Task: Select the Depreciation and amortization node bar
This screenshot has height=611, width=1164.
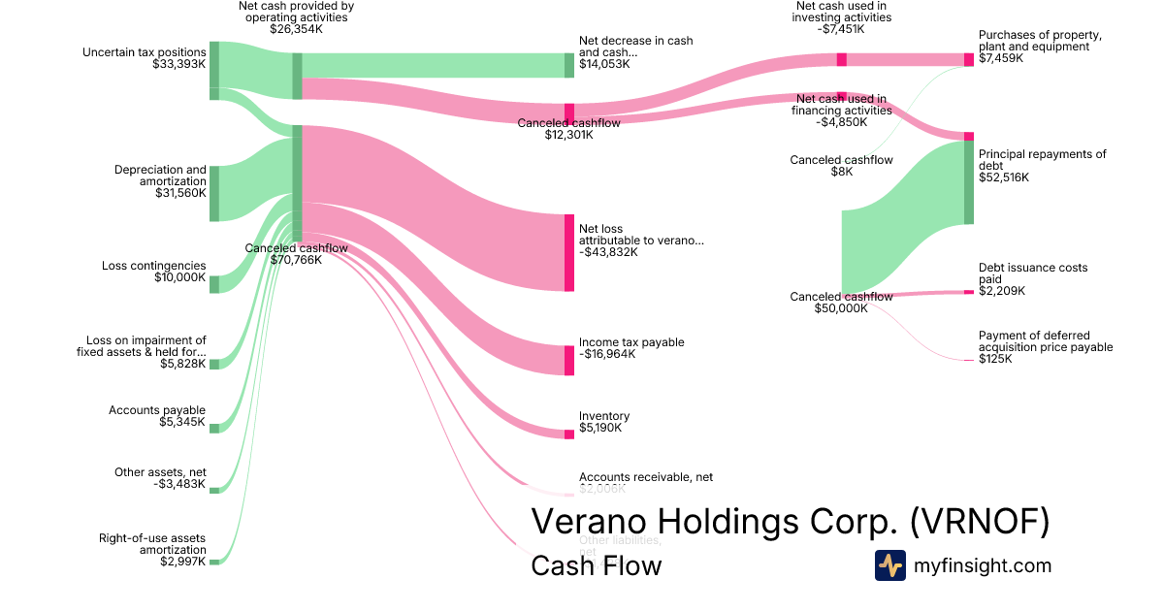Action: click(213, 193)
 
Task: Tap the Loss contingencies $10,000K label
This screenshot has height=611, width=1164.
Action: click(154, 272)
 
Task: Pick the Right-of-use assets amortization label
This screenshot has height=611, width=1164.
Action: click(152, 550)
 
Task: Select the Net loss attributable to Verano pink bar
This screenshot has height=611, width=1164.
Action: click(569, 252)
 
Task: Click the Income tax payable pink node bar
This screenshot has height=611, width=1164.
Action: click(569, 360)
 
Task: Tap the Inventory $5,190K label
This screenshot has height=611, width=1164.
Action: click(604, 422)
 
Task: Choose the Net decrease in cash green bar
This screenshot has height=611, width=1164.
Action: click(569, 65)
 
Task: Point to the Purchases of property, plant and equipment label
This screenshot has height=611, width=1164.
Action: click(1040, 47)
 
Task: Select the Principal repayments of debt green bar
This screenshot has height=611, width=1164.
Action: click(968, 182)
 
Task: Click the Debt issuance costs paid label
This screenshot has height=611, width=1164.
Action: click(1033, 279)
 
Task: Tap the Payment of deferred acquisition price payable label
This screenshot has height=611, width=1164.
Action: click(1046, 346)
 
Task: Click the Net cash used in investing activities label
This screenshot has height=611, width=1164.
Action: click(841, 17)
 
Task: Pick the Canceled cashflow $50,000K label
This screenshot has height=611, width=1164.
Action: click(841, 303)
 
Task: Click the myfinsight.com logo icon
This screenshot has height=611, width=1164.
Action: click(890, 565)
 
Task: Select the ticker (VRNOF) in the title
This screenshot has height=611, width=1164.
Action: click(980, 522)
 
